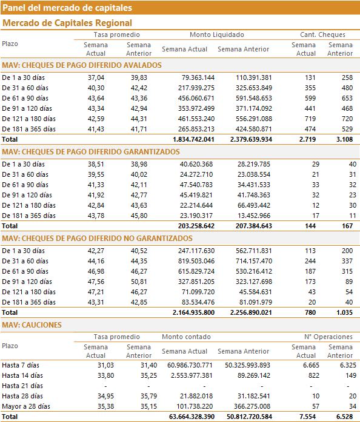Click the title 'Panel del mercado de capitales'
click(67, 8)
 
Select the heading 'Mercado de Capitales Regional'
click(67, 23)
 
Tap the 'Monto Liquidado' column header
click(217, 35)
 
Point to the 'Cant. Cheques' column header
click(322, 35)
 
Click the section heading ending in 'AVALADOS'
click(82, 65)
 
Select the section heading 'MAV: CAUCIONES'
click(32, 325)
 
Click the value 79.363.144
click(198, 77)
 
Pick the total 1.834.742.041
click(193, 139)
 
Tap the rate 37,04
click(96, 77)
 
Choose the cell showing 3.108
click(344, 139)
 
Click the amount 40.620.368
click(196, 164)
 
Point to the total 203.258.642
click(196, 226)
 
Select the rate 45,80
click(139, 216)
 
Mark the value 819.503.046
click(196, 261)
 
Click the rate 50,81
click(139, 282)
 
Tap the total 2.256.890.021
click(251, 312)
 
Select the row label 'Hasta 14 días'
click(22, 375)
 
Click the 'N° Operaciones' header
click(328, 337)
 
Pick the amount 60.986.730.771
click(190, 365)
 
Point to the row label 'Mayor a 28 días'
click(26, 406)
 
